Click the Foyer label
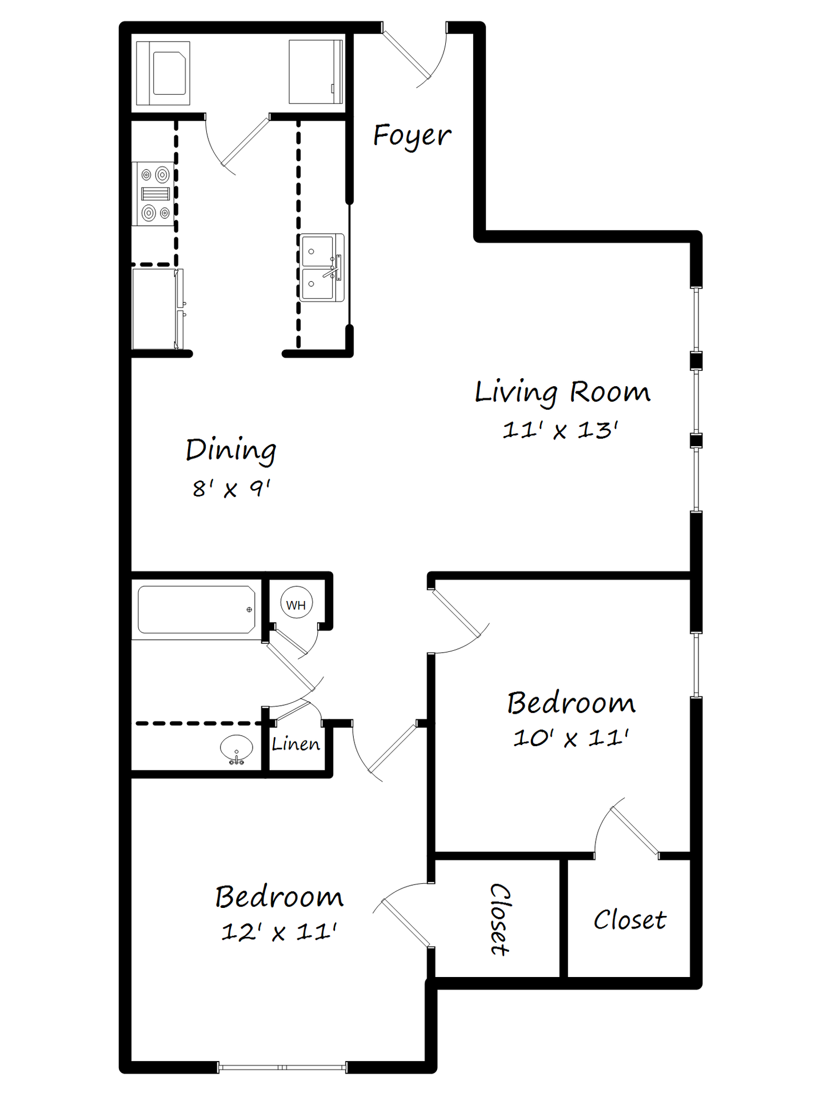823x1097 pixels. pyautogui.click(x=411, y=136)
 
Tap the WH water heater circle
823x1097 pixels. pyautogui.click(x=296, y=604)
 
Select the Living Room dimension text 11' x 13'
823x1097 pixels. pyautogui.click(x=560, y=430)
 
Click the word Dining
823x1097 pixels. pyautogui.click(x=231, y=450)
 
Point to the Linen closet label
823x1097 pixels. pyautogui.click(x=295, y=744)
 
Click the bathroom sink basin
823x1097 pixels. pyautogui.click(x=236, y=748)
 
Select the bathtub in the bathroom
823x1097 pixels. pyautogui.click(x=196, y=610)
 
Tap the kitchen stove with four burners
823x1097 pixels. pyautogui.click(x=154, y=193)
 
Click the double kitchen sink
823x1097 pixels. pyautogui.click(x=322, y=267)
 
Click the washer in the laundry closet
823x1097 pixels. pyautogui.click(x=163, y=73)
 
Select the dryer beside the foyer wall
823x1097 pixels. pyautogui.click(x=315, y=72)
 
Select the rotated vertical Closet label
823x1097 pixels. pyautogui.click(x=499, y=919)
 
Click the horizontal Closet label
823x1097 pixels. pyautogui.click(x=629, y=920)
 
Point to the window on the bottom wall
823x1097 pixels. pyautogui.click(x=282, y=1067)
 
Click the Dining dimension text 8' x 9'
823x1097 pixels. pyautogui.click(x=231, y=489)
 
